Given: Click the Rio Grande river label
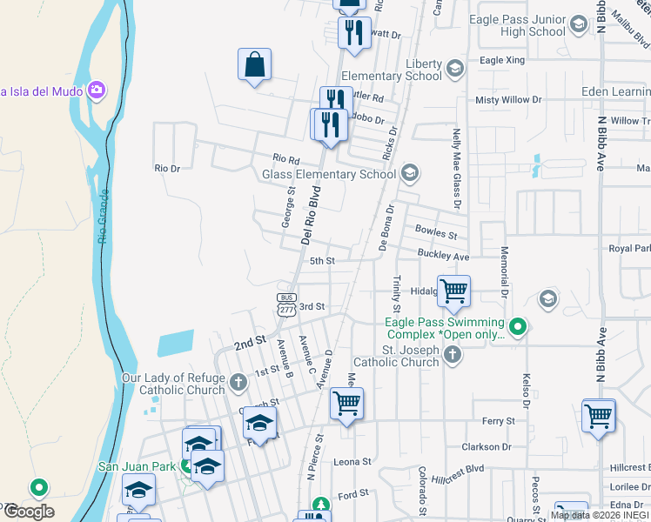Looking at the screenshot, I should point(103,218).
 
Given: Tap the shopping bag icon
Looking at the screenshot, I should point(254,64).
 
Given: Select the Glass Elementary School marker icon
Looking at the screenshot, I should point(411,174).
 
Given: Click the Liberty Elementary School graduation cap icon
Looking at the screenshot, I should point(454,68).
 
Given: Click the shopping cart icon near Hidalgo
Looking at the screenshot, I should point(453,291).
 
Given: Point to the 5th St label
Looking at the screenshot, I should point(322,261).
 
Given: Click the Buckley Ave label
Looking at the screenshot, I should point(443,257).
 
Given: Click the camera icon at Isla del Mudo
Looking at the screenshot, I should point(96,89).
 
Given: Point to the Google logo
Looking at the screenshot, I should point(28,511).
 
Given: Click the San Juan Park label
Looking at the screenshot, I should point(137,466).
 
